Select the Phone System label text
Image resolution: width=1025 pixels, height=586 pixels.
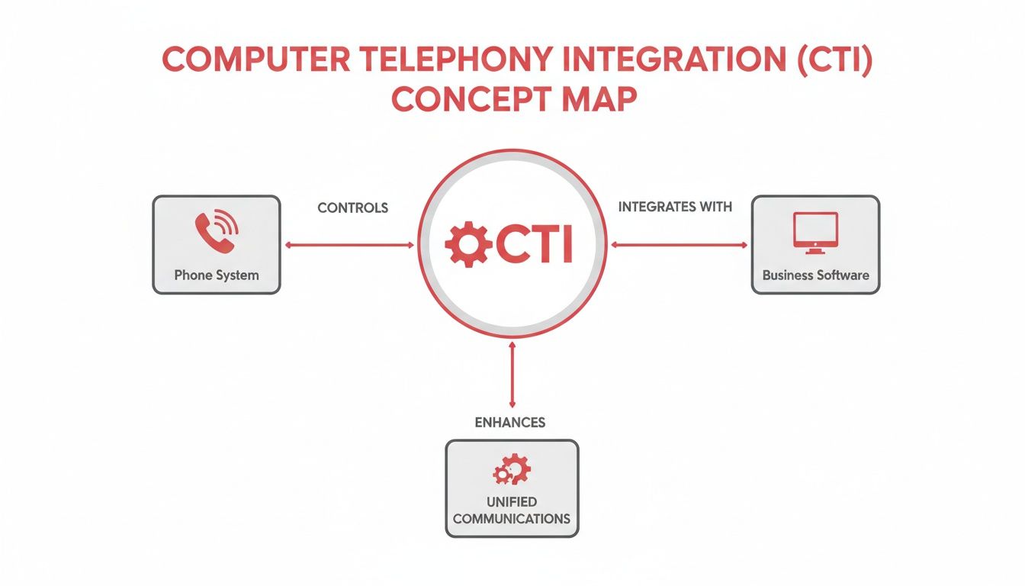click(x=217, y=275)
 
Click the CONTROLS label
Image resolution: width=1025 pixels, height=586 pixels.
click(x=352, y=208)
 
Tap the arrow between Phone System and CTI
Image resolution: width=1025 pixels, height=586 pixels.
click(x=349, y=245)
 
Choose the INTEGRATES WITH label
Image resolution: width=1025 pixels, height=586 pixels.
click(x=675, y=207)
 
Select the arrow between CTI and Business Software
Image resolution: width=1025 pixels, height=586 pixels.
click(x=680, y=245)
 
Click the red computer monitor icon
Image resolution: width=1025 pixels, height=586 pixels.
click(x=815, y=233)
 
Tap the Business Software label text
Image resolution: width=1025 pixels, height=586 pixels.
click(x=815, y=275)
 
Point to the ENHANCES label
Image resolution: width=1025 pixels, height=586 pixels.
click(x=510, y=422)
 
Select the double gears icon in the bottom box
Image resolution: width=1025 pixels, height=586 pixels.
click(x=512, y=469)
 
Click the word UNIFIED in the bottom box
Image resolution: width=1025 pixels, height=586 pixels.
click(x=512, y=502)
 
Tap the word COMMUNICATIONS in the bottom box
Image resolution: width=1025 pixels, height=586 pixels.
click(x=512, y=519)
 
